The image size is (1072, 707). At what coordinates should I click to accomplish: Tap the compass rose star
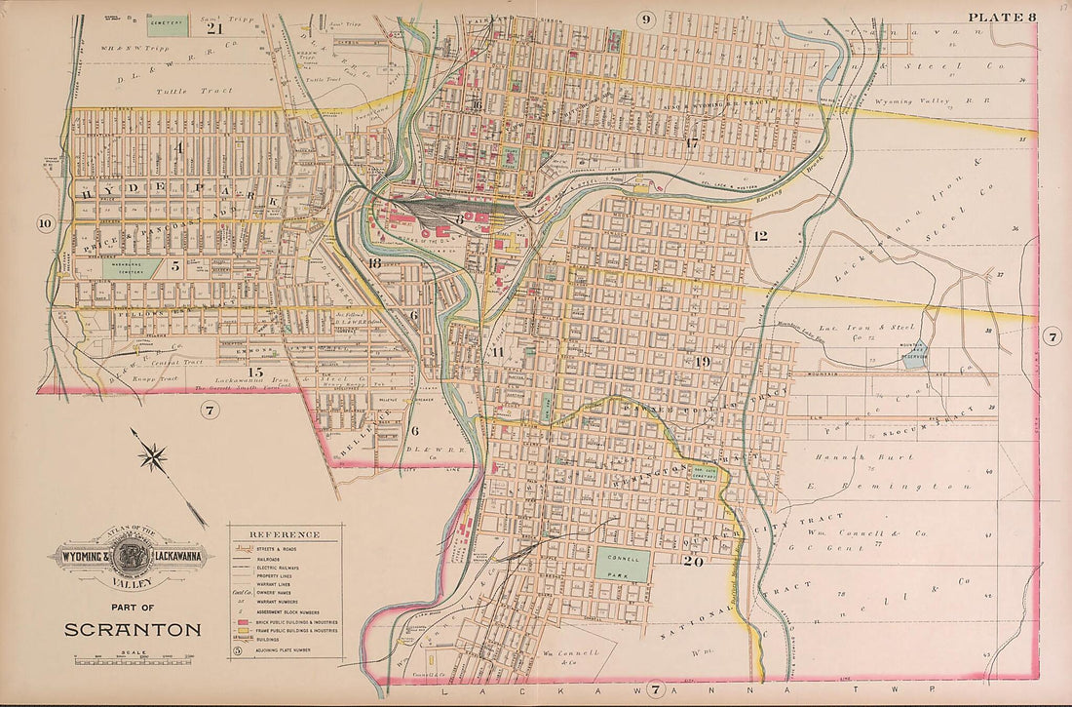pos(154,455)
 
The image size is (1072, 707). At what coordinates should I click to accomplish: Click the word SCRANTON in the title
pos(133,629)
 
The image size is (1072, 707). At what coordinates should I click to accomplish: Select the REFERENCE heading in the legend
pos(284,534)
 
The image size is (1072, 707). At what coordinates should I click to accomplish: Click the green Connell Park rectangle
pos(623,565)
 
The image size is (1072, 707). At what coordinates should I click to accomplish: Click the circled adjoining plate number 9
pos(646,19)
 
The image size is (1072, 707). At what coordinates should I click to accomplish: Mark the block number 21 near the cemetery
pos(215,28)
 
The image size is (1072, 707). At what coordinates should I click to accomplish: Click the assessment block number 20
pos(694,561)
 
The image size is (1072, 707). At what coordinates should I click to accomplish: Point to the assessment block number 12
pos(760,236)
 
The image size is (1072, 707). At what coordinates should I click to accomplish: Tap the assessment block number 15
pos(255,373)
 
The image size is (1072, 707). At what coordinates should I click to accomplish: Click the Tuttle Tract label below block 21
pos(209,91)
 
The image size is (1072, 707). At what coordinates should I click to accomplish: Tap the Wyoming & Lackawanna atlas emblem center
pos(128,559)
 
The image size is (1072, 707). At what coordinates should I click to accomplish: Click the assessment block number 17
pos(691,143)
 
